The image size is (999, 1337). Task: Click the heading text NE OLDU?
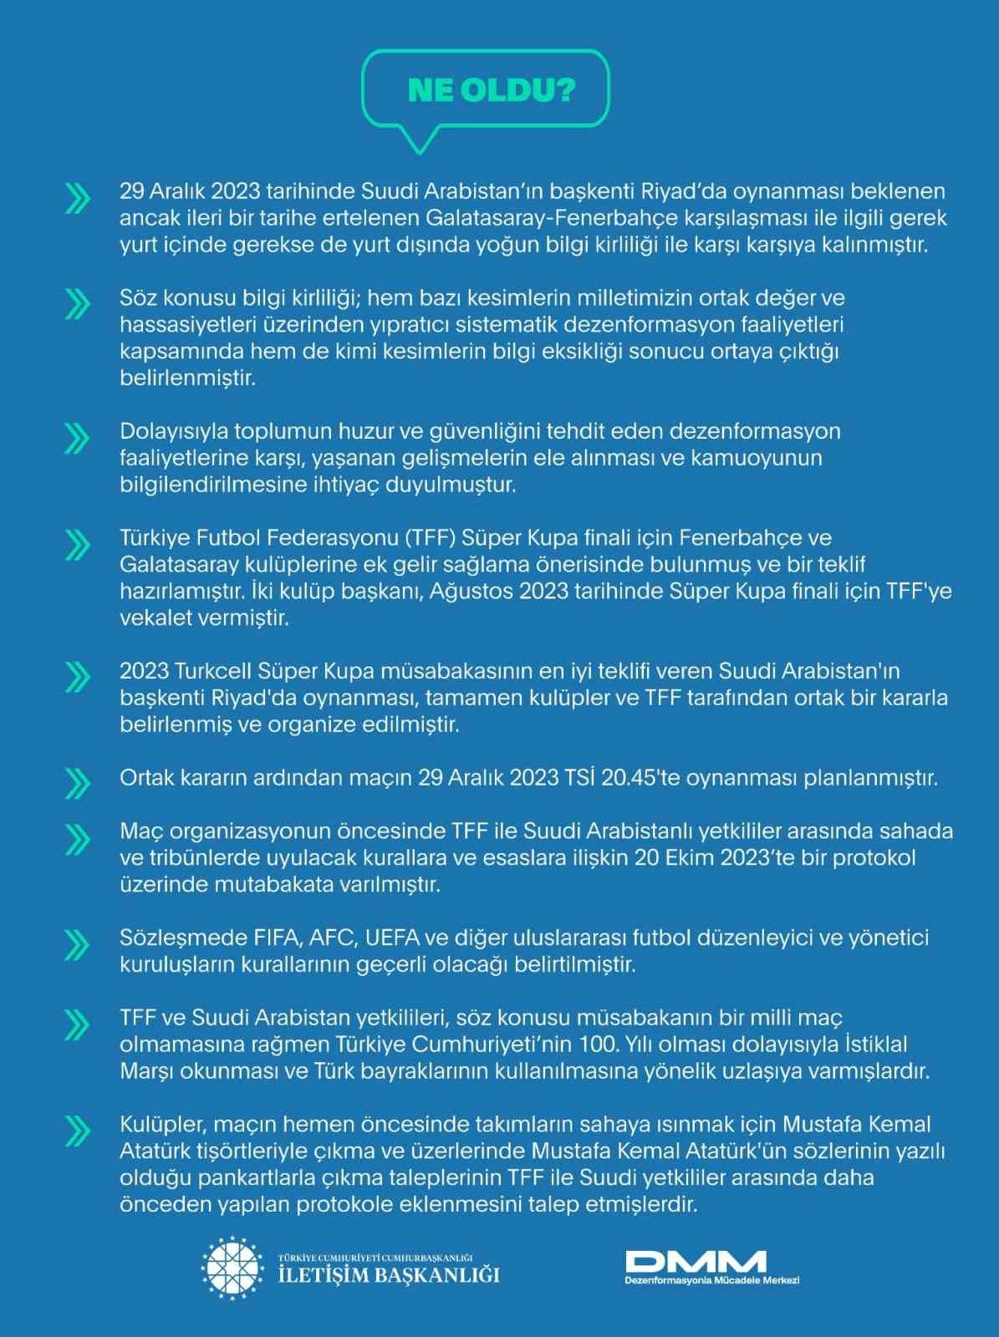point(491,90)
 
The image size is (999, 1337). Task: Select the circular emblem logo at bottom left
point(235,1266)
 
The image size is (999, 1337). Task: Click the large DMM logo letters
point(696,1260)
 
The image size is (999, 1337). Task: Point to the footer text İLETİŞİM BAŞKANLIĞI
point(389,1274)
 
